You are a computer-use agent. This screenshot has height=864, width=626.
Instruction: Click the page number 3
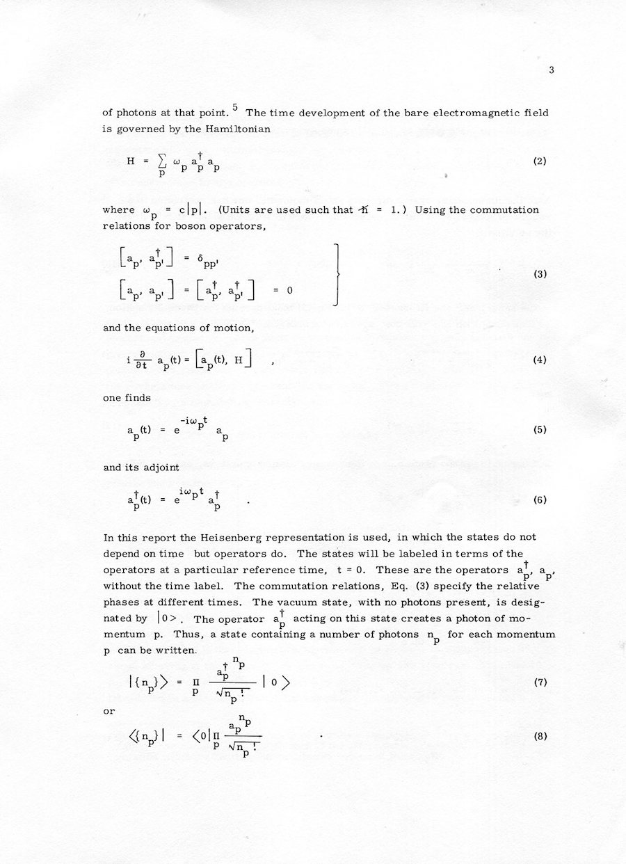pos(550,70)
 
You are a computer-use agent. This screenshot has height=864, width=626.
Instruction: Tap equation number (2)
pos(539,161)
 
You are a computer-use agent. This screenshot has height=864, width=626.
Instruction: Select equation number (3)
pos(540,274)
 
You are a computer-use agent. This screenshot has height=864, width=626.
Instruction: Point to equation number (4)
pos(539,360)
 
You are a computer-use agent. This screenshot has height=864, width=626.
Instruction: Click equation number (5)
pos(539,430)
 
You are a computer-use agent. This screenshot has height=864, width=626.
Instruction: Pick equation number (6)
pos(539,499)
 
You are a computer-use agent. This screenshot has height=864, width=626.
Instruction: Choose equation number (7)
pos(540,682)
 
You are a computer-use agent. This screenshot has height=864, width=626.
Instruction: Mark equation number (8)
pos(539,737)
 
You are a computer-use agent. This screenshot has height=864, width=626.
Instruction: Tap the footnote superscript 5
pos(235,107)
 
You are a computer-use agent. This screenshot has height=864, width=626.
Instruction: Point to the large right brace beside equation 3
pos(337,275)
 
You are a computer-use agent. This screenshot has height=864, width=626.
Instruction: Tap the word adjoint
pos(161,467)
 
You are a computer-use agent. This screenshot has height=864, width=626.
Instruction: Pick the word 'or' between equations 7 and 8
pos(108,710)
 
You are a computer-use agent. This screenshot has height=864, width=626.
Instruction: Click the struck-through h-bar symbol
pos(363,209)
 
